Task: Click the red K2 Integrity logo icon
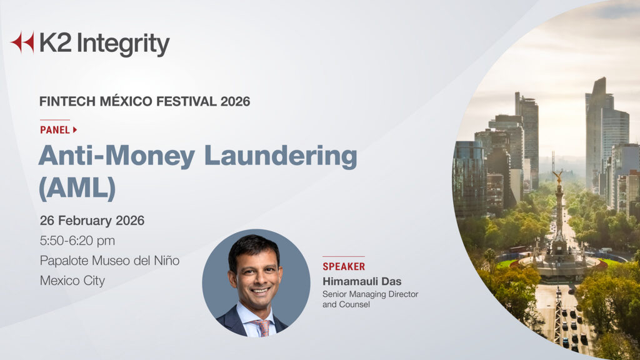[22, 42]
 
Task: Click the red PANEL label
[55, 130]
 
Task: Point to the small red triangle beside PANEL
[75, 130]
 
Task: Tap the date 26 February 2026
[92, 221]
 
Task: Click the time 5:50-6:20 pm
[77, 241]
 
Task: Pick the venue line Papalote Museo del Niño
[109, 261]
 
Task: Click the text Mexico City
[72, 281]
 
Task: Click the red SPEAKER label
[344, 267]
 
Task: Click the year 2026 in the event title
[235, 101]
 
